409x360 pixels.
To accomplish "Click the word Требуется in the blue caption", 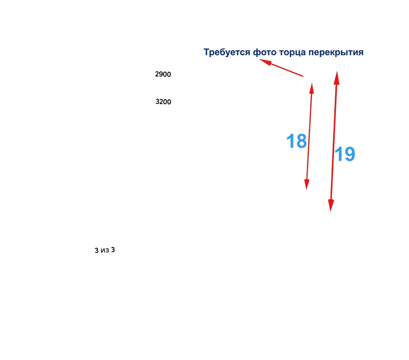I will click(228, 53).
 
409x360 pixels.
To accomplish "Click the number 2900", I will click(163, 74).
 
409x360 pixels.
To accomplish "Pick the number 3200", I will click(163, 102).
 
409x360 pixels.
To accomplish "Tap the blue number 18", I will click(296, 142).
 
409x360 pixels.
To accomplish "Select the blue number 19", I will click(345, 154).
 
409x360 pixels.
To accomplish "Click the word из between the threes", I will click(105, 251).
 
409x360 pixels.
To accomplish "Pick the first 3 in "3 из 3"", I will click(96, 251).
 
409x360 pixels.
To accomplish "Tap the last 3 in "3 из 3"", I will click(113, 250).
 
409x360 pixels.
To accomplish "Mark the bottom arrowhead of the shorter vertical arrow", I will click(307, 185).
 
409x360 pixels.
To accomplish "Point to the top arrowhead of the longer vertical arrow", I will click(336, 75).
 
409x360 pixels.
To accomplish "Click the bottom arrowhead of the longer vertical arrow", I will click(331, 207).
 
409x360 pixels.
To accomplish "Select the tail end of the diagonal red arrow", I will click(303, 76).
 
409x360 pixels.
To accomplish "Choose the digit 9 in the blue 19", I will click(349, 154).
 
